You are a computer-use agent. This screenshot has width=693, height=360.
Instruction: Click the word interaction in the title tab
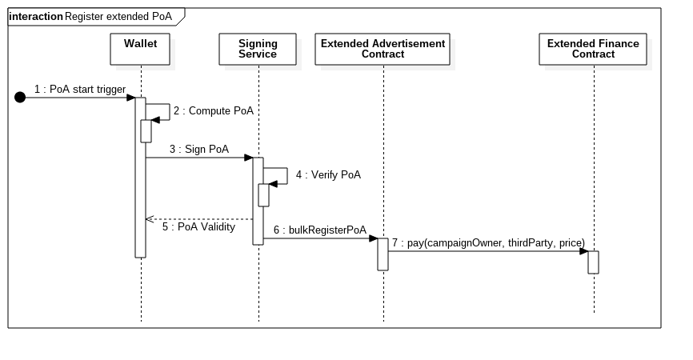pyautogui.click(x=35, y=16)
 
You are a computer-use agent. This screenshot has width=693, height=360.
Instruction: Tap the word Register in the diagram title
pyautogui.click(x=84, y=16)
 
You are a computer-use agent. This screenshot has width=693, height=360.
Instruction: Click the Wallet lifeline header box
pyautogui.click(x=141, y=49)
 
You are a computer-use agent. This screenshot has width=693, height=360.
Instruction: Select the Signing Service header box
pyautogui.click(x=258, y=49)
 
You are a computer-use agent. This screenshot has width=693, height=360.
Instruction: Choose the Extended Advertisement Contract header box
pyautogui.click(x=383, y=49)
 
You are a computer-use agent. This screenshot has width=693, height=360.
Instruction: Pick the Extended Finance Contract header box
pyautogui.click(x=593, y=49)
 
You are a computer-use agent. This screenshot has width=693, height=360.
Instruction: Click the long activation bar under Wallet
pyautogui.click(x=140, y=200)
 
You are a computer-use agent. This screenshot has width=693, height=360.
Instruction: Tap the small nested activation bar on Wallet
pyautogui.click(x=146, y=131)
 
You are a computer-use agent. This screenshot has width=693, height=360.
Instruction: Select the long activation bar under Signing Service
pyautogui.click(x=258, y=224)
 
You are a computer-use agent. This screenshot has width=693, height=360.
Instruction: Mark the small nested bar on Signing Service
pyautogui.click(x=263, y=195)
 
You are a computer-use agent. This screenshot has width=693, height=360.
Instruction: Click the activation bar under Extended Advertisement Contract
pyautogui.click(x=383, y=254)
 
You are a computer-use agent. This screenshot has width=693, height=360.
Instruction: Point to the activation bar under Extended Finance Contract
pyautogui.click(x=593, y=262)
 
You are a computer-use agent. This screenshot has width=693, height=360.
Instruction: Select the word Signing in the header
pyautogui.click(x=258, y=43)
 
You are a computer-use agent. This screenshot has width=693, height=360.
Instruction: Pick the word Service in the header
pyautogui.click(x=258, y=54)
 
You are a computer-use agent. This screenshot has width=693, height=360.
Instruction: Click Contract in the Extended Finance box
pyautogui.click(x=593, y=54)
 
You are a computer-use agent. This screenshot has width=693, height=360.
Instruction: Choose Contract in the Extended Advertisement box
pyautogui.click(x=383, y=54)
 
